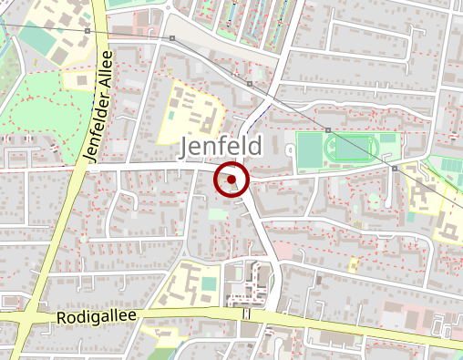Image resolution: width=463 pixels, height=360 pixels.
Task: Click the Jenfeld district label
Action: (x=221, y=147)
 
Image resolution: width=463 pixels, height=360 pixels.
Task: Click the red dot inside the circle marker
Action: (x=232, y=180)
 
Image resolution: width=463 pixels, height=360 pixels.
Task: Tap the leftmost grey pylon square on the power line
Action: (x=87, y=32)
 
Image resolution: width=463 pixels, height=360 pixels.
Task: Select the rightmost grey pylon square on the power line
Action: (x=395, y=169)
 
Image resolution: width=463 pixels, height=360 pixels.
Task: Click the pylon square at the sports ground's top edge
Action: (x=327, y=130)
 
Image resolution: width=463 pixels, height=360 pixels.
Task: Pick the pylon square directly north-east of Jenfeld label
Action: (x=249, y=85)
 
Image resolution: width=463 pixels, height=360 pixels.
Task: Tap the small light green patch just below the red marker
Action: (x=217, y=214)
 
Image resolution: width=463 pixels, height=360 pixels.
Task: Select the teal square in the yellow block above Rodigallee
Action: (x=210, y=284)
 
